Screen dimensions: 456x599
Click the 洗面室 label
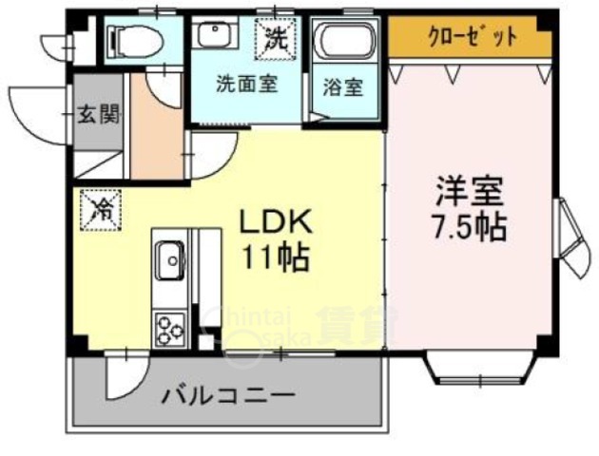246,83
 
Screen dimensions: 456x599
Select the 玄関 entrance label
98,116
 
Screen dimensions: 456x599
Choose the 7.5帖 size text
469,228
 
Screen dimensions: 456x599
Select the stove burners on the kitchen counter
171,331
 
